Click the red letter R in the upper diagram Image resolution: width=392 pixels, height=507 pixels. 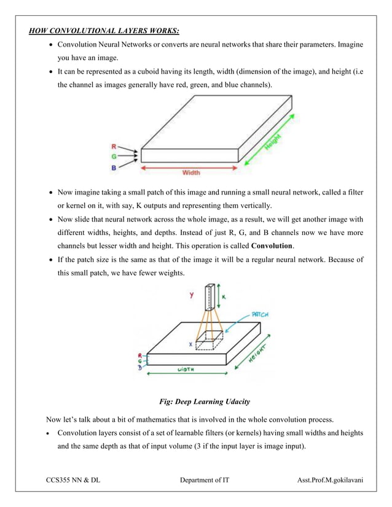(113, 147)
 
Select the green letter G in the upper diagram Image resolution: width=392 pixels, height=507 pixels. (113, 156)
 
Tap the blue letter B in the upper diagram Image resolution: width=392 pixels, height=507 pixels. (113, 166)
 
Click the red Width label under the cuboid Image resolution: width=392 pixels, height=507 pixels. (190, 173)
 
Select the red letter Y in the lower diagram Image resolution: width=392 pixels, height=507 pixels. (192, 295)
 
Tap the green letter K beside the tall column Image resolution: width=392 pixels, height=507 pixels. (223, 296)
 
